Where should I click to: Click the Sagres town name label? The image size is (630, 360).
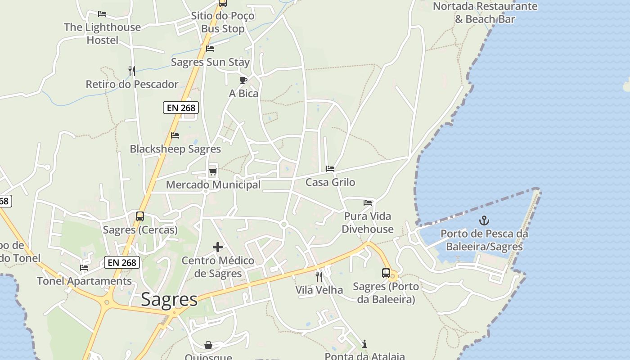click(x=169, y=299)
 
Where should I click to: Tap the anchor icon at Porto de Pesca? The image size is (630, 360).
click(x=484, y=220)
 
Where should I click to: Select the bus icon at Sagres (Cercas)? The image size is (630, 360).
click(x=140, y=216)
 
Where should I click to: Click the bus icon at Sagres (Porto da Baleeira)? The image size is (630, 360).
click(x=386, y=273)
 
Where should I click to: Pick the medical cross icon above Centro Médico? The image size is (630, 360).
click(x=218, y=247)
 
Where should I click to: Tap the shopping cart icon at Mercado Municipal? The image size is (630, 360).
click(x=213, y=172)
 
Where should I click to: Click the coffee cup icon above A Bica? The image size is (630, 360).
click(x=243, y=81)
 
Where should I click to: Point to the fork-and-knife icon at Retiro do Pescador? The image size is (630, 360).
click(x=132, y=71)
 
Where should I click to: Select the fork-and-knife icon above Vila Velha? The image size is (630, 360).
click(x=319, y=276)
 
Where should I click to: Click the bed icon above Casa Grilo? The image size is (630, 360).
click(x=330, y=169)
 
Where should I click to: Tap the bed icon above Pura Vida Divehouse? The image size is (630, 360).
click(x=368, y=203)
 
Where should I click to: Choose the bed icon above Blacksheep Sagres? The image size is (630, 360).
click(x=175, y=135)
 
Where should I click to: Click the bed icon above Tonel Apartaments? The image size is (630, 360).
click(x=84, y=268)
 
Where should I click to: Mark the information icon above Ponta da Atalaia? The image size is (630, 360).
click(x=364, y=344)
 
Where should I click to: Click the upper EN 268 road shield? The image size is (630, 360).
click(x=181, y=108)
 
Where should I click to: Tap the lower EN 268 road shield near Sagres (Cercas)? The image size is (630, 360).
click(x=122, y=262)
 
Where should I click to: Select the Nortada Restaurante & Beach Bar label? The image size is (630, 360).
click(x=485, y=13)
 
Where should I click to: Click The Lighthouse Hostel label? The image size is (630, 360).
click(x=103, y=33)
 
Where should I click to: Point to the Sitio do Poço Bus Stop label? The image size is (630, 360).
click(x=223, y=22)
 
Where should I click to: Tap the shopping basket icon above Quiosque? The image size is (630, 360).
click(x=208, y=345)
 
